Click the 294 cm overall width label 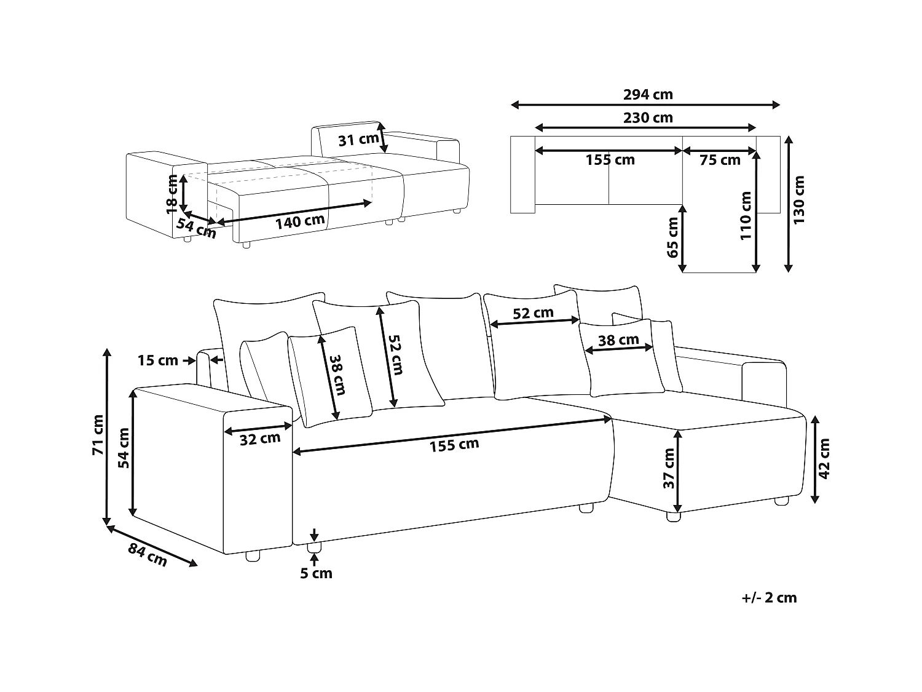(x=648, y=94)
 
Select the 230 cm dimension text (x=648, y=117)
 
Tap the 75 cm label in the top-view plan (x=720, y=161)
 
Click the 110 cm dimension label (x=746, y=215)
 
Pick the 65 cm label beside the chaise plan (x=672, y=237)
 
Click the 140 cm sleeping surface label (x=299, y=221)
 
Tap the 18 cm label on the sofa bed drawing (x=173, y=194)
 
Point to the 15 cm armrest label (x=157, y=360)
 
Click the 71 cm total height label (x=97, y=435)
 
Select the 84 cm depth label (x=148, y=555)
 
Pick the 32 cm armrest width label (x=260, y=439)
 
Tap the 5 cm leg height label (x=316, y=573)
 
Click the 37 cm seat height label (x=669, y=468)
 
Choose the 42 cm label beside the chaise (x=824, y=459)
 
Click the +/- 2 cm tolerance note (x=768, y=597)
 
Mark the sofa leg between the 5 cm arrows (x=314, y=547)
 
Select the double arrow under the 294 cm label (x=645, y=105)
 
